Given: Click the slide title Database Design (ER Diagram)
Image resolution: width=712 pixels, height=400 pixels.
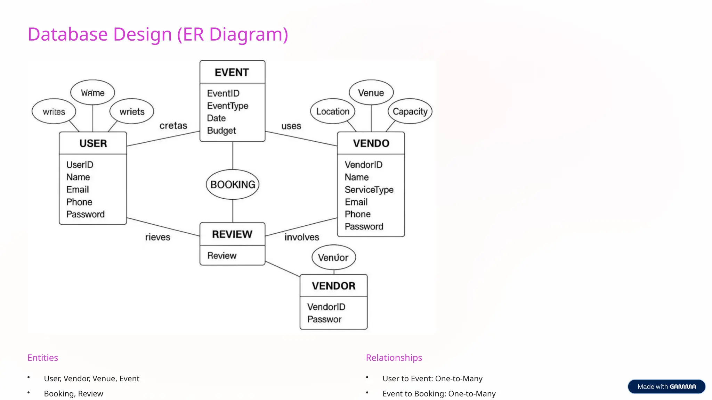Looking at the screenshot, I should pos(158,34).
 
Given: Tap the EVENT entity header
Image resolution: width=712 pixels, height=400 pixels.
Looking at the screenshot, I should pos(232,72).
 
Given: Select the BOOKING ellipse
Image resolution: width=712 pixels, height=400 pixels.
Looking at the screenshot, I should pos(233,184).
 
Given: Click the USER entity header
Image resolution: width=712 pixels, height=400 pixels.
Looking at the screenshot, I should pos(93,143).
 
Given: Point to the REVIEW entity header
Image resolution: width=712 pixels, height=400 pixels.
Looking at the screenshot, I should pos(232,234).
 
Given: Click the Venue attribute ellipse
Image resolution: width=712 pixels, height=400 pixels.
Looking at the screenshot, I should pos(371,93).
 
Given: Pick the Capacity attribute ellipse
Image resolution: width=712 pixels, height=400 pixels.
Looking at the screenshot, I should pos(410,111).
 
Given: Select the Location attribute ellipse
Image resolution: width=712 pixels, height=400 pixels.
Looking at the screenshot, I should pos(333,111).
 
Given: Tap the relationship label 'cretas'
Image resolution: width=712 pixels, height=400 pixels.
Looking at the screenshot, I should pos(173,125).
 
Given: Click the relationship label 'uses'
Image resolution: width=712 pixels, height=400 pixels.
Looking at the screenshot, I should pos(291,126).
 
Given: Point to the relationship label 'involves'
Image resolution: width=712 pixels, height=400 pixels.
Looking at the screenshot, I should pos(301,237).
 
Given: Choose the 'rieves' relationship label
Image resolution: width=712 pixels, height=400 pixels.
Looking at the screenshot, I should pos(157,237).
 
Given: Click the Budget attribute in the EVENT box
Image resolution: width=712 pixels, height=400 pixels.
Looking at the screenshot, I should pos(221,131).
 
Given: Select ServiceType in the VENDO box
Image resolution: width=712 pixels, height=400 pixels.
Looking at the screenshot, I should pos(369,190).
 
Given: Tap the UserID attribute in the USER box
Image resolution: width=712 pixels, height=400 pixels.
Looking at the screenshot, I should pos(80,165).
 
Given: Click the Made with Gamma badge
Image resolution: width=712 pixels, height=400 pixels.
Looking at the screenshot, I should pos(666,386).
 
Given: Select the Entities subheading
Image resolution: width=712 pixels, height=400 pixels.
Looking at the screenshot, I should pos(43,358).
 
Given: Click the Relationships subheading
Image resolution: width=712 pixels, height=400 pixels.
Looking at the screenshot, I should pos(394,358).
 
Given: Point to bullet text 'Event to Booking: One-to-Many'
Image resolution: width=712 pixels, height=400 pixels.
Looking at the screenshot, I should pos(439,393).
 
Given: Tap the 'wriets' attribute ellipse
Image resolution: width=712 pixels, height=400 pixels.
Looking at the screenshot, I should pos(132,111).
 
